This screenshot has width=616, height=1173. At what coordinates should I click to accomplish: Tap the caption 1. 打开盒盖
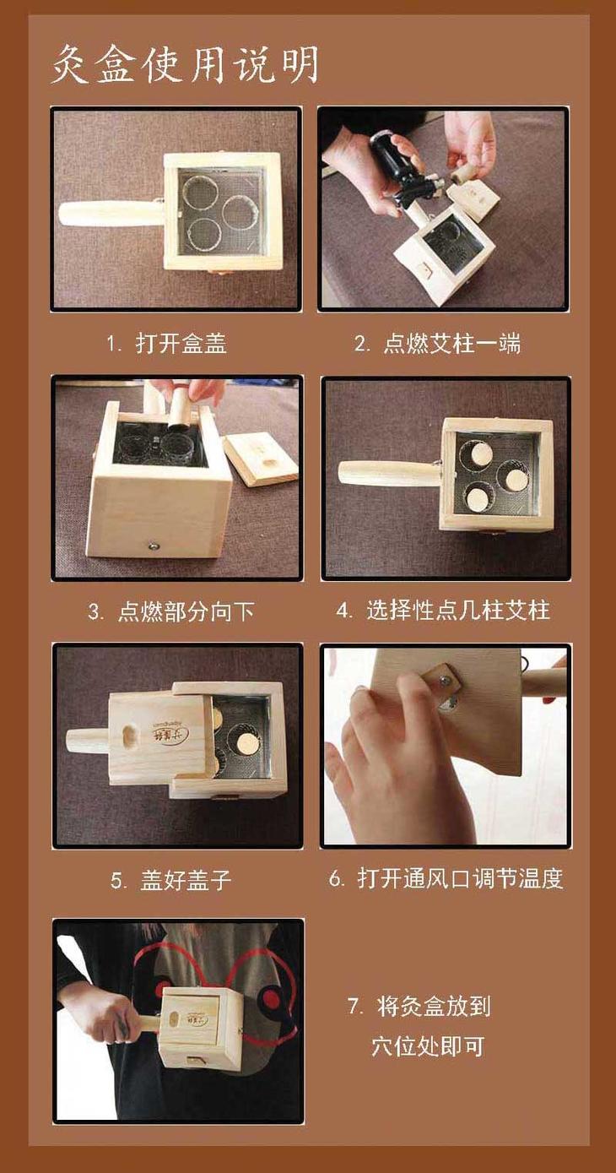coord(166,344)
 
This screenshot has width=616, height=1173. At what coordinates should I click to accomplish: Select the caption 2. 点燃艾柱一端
coord(438,344)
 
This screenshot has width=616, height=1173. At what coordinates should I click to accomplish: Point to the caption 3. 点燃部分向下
coord(171,611)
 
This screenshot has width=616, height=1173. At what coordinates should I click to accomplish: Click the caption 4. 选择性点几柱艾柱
coord(443,611)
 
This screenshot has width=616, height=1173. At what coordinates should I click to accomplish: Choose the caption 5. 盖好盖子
coord(170,880)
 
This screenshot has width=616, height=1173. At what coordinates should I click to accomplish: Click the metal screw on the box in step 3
coord(154,546)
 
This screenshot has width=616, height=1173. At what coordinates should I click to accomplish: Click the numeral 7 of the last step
coord(354,1006)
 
